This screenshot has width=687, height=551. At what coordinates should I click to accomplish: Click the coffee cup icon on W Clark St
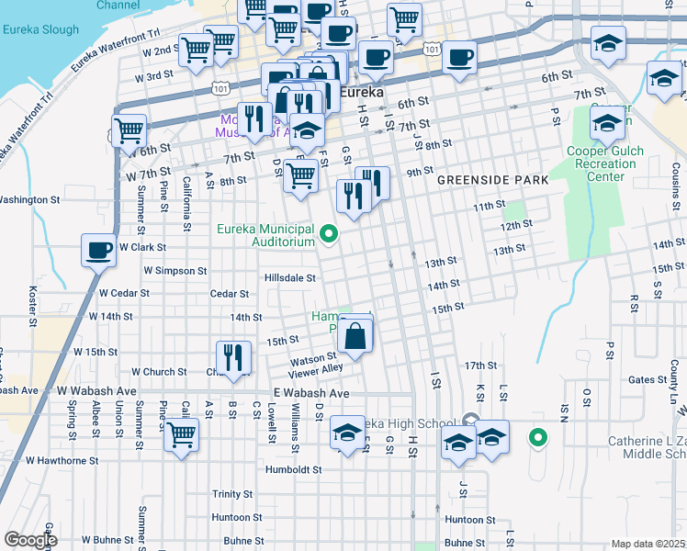99,249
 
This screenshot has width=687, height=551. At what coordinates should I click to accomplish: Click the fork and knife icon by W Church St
233,357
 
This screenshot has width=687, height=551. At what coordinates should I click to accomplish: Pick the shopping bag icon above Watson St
355,335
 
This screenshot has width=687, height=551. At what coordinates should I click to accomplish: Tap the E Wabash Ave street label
311,393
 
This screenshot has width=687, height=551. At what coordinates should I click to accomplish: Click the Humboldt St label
290,468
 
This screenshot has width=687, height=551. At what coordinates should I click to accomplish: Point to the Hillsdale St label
290,277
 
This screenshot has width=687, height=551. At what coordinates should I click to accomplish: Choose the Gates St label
648,379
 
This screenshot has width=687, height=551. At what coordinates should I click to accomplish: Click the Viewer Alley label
315,369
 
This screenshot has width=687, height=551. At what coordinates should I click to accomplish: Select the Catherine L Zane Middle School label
647,448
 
